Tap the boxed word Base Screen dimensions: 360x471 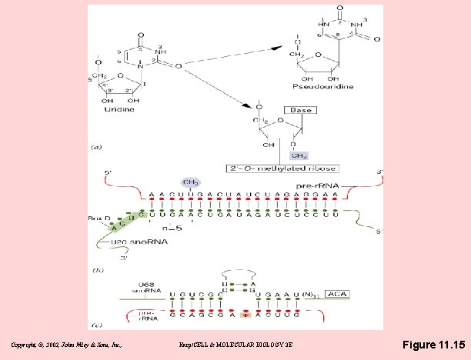click(x=300, y=110)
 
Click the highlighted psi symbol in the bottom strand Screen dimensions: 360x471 click(x=246, y=315)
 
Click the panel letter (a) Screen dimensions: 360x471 click(x=95, y=145)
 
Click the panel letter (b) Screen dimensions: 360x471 click(x=96, y=270)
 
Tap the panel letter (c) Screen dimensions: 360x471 click(x=96, y=325)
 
